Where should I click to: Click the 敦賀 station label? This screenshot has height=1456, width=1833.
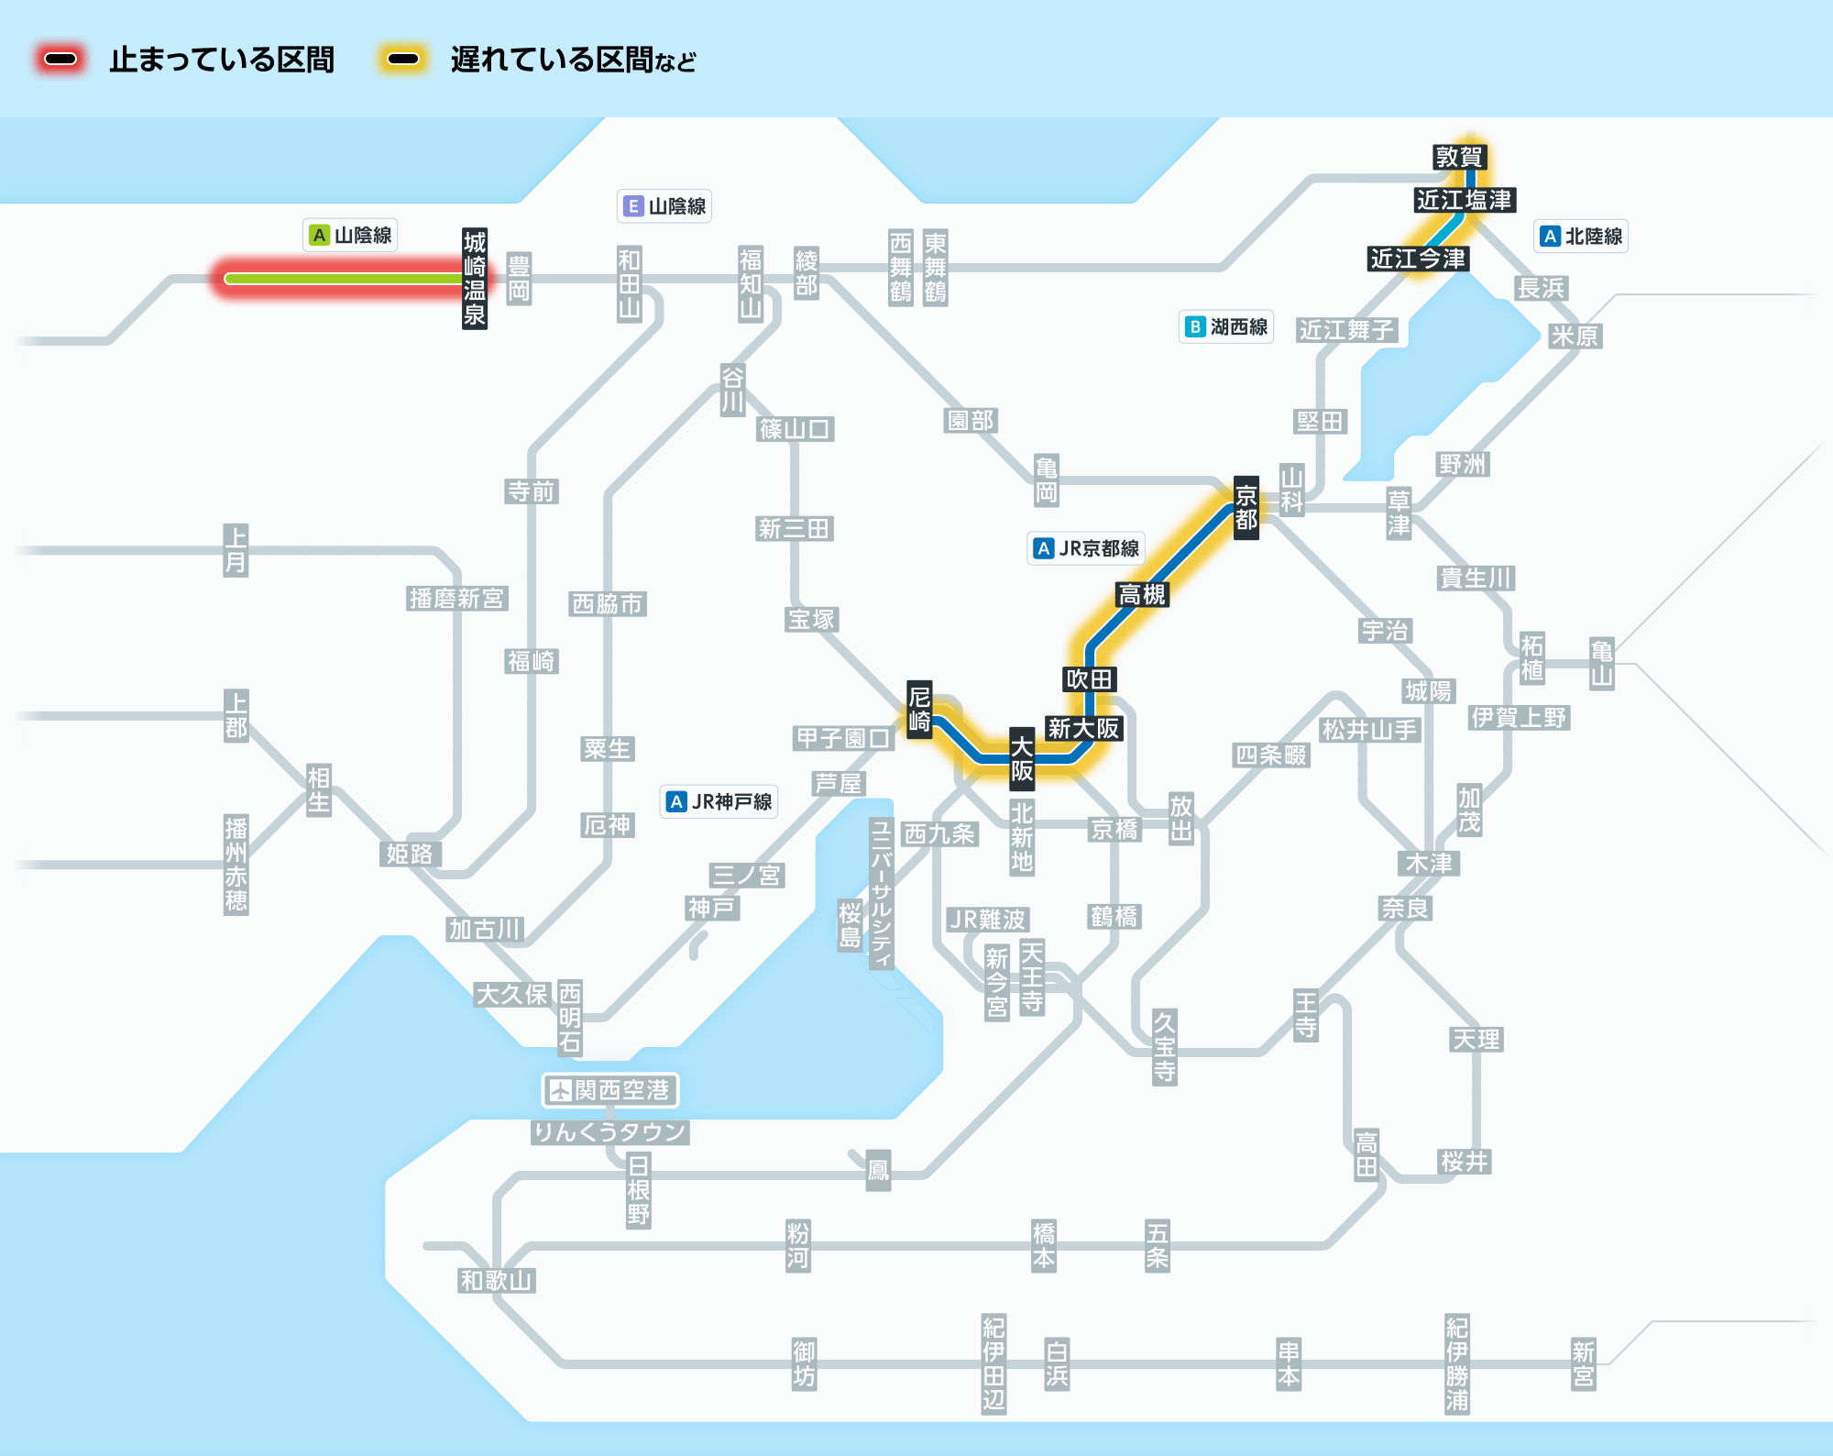pos(1458,157)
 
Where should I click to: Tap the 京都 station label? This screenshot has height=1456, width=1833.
pos(1246,508)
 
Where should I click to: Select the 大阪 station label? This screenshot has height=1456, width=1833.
pos(1022,759)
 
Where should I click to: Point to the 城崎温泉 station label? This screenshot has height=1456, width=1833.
pos(474,279)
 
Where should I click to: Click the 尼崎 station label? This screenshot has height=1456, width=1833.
pos(919,709)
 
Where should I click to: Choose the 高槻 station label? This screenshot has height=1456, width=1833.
pos(1142,595)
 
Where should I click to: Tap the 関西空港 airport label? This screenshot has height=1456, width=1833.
pos(609,1090)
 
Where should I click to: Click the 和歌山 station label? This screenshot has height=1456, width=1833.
pos(497,1280)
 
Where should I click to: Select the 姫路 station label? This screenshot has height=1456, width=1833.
pos(410,854)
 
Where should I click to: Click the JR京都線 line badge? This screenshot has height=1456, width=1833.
pos(1086,548)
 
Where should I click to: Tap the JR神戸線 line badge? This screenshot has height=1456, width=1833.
pos(719,801)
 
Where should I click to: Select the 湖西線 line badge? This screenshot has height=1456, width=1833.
pos(1226,326)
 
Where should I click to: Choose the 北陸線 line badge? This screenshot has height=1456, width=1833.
pos(1582,236)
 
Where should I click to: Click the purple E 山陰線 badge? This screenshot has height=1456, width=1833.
pos(664,206)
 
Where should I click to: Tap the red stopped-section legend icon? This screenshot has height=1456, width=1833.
pos(60,60)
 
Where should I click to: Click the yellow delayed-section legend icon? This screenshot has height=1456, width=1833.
pos(403,60)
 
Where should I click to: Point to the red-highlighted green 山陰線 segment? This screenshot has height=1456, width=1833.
pos(344,279)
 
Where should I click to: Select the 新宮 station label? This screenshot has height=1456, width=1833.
pos(1584,1363)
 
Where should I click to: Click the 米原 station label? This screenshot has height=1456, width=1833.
pos(1575,336)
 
